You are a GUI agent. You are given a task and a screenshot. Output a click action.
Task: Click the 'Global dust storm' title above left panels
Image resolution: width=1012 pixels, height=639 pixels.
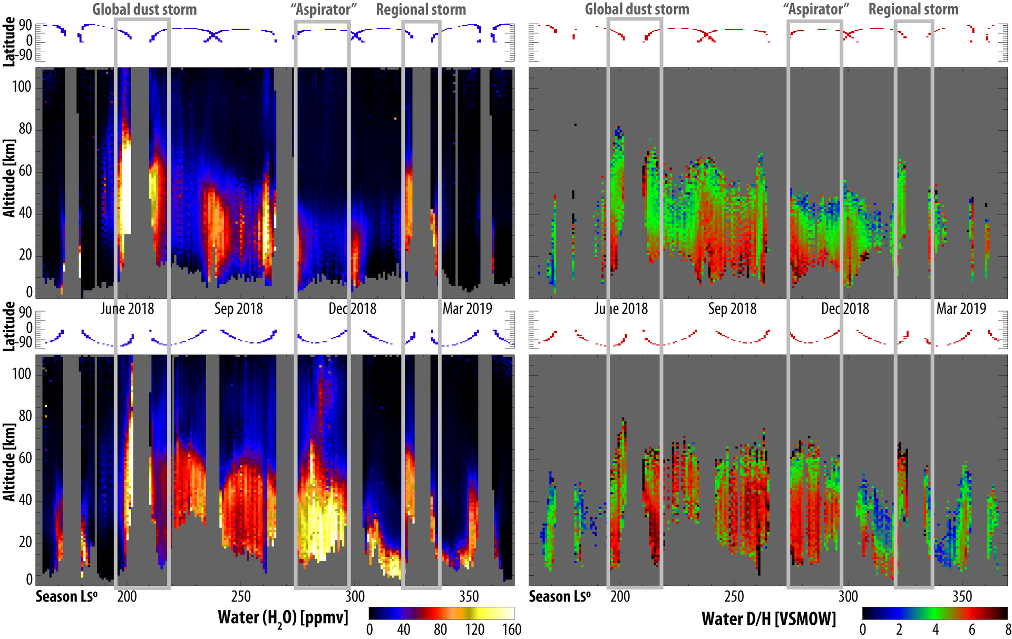pos(144,9)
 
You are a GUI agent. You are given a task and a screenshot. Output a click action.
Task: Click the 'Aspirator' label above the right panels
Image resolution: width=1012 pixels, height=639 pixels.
pos(815,9)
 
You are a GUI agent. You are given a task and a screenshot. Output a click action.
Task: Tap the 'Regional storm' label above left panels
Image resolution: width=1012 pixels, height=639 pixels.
pos(421,9)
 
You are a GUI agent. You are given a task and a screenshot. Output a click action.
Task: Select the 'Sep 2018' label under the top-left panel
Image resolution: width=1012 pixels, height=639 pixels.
pos(238,308)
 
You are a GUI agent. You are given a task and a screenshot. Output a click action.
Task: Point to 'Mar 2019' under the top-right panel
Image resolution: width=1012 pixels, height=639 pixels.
pos(961,308)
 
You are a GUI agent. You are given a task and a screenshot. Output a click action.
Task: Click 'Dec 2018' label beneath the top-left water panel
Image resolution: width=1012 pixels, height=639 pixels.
pos(352,308)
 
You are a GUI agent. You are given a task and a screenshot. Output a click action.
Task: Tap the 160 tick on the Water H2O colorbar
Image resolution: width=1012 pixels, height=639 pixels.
pos(511,630)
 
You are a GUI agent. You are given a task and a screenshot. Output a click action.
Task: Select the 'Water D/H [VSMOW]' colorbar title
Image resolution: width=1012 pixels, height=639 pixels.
pos(768,618)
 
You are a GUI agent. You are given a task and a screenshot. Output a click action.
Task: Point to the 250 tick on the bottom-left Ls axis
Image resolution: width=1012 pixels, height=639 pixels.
pos(241,596)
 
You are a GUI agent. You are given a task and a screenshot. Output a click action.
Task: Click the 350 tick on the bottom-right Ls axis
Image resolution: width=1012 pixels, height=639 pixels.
pos(962,596)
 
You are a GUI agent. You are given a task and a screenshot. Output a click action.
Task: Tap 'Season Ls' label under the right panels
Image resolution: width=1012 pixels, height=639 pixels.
pos(559,596)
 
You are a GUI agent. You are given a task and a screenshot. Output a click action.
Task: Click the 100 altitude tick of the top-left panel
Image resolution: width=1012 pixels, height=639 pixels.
pos(22,86)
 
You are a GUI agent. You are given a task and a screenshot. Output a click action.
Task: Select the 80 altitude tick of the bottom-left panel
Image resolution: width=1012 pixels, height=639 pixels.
pos(25,416)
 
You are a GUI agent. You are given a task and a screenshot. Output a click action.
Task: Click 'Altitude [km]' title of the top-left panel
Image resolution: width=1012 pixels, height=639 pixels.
pos(9,178)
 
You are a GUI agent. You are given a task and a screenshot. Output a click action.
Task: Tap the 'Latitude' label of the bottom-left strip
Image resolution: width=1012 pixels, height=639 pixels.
pos(9,326)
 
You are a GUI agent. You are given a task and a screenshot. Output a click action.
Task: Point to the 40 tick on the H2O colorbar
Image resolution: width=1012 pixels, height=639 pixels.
pos(403,630)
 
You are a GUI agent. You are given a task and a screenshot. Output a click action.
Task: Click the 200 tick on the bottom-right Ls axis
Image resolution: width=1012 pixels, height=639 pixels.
pos(620,596)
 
